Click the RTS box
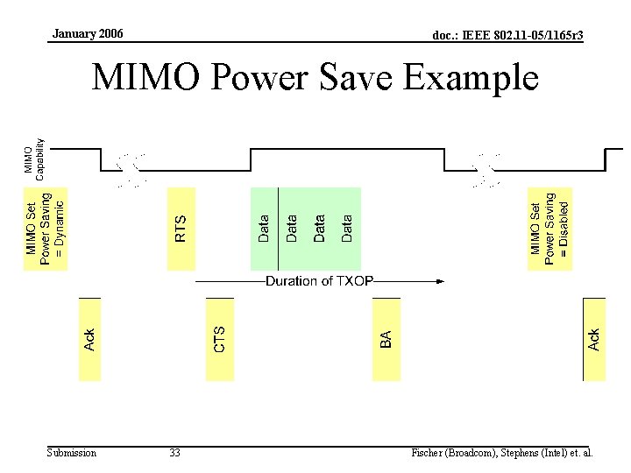[180, 228]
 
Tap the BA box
[386, 340]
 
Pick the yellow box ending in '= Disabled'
[549, 228]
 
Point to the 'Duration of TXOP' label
[319, 281]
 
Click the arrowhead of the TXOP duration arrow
[440, 281]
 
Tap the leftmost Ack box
[89, 340]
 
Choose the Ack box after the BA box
[594, 340]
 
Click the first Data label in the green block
[264, 228]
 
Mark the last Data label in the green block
[347, 228]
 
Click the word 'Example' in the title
[471, 79]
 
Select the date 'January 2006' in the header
[88, 34]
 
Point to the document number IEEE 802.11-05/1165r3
[508, 35]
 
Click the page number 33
[174, 453]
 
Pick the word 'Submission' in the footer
[72, 453]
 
